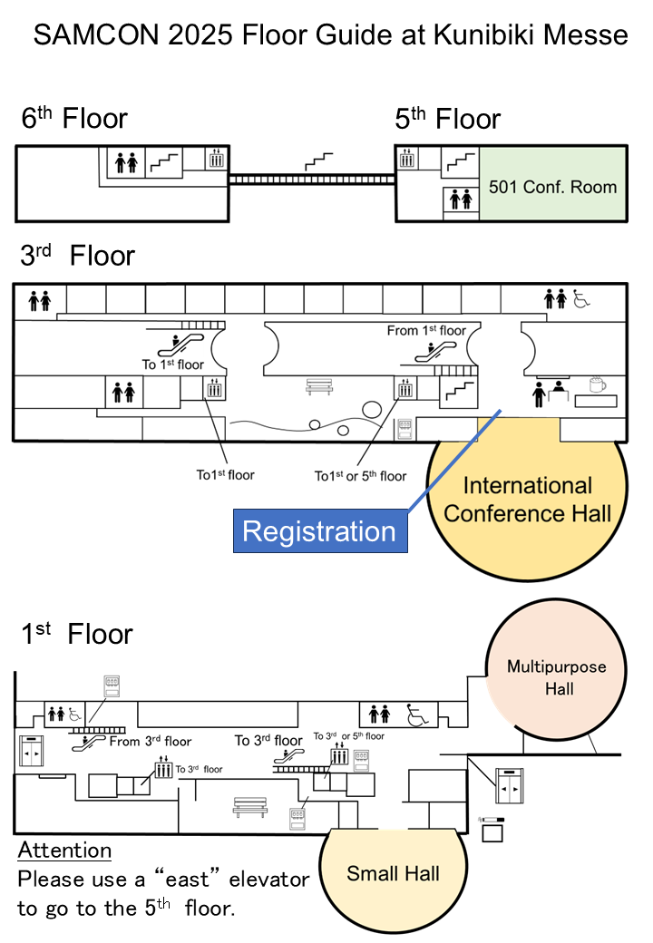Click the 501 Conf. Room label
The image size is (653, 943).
click(552, 188)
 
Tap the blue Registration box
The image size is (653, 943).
click(319, 531)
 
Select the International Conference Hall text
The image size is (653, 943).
click(527, 499)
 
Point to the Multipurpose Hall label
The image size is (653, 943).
click(556, 677)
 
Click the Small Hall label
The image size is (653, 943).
click(393, 874)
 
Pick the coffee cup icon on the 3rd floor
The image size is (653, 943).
click(597, 386)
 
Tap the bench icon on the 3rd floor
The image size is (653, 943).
click(319, 387)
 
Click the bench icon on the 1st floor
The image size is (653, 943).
click(249, 805)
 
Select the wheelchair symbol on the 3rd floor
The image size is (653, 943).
click(580, 298)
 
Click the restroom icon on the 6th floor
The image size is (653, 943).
click(125, 163)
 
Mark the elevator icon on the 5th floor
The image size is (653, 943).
click(407, 158)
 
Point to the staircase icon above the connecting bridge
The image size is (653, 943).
click(317, 161)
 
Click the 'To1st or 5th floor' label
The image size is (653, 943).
click(360, 476)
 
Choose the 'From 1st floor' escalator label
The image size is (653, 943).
click(425, 330)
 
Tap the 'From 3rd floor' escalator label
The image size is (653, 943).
click(151, 742)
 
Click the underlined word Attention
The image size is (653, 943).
click(64, 851)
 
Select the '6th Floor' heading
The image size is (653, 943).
click(74, 119)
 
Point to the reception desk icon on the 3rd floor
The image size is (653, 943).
click(547, 392)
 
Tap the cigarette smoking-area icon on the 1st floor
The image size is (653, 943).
click(492, 820)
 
